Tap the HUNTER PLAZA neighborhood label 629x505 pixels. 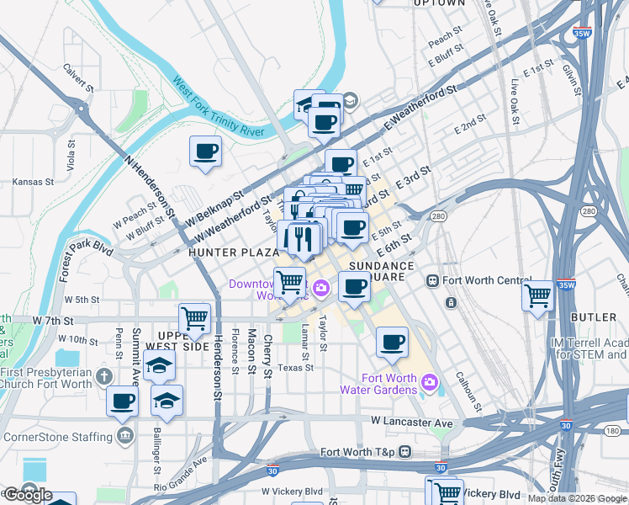click(234, 252)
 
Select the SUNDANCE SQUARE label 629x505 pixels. click(382, 272)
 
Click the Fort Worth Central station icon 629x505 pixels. click(433, 280)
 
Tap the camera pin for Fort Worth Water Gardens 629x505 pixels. click(431, 383)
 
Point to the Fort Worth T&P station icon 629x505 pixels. click(404, 452)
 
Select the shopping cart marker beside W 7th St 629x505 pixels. click(195, 318)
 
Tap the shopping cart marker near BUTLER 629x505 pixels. click(537, 295)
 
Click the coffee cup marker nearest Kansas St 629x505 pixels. click(206, 151)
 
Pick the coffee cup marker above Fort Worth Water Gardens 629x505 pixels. click(393, 341)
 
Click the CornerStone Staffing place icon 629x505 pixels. click(125, 436)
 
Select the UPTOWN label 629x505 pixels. click(440, 3)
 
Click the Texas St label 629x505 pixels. click(295, 368)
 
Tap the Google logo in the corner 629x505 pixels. click(28, 495)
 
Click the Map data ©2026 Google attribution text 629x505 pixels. click(578, 498)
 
